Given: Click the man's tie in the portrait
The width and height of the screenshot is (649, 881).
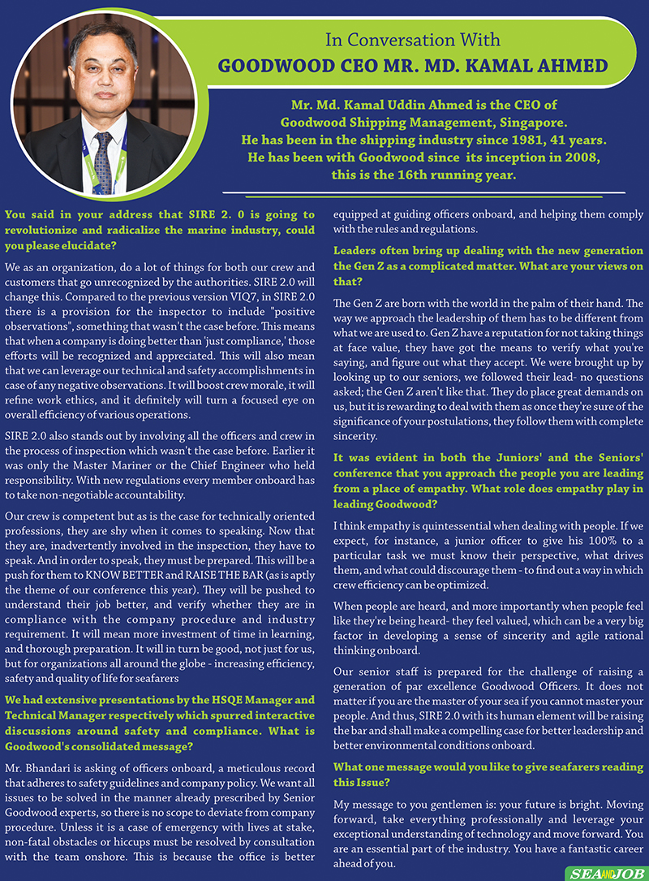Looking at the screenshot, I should (x=102, y=162).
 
